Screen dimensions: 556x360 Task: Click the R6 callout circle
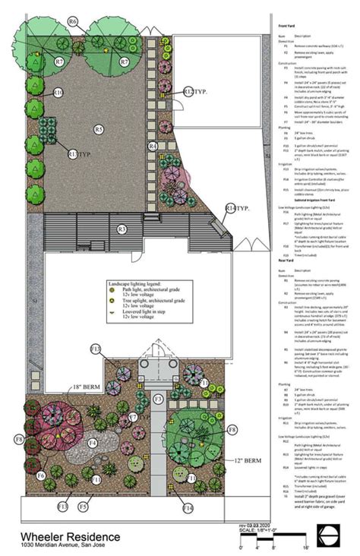click(x=73, y=22)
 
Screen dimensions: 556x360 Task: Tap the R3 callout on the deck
click(x=121, y=229)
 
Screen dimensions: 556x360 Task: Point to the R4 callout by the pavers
click(x=153, y=145)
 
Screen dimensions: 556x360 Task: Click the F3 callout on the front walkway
click(x=159, y=398)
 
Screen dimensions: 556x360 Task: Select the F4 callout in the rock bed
click(x=92, y=442)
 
